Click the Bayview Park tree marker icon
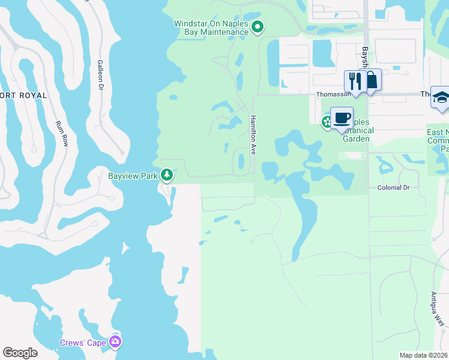coord(167,175)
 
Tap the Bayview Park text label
coord(133,176)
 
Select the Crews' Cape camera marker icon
coord(115,342)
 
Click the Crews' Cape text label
coord(83,343)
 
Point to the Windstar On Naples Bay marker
coord(258,26)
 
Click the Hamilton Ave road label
coord(253,135)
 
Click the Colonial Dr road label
coord(393,188)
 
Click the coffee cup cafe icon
coord(342,118)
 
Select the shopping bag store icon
coord(372,80)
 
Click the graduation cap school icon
coord(441,97)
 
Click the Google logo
coord(20,353)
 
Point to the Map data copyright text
coord(424,355)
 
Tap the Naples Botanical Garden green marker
coord(327,122)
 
